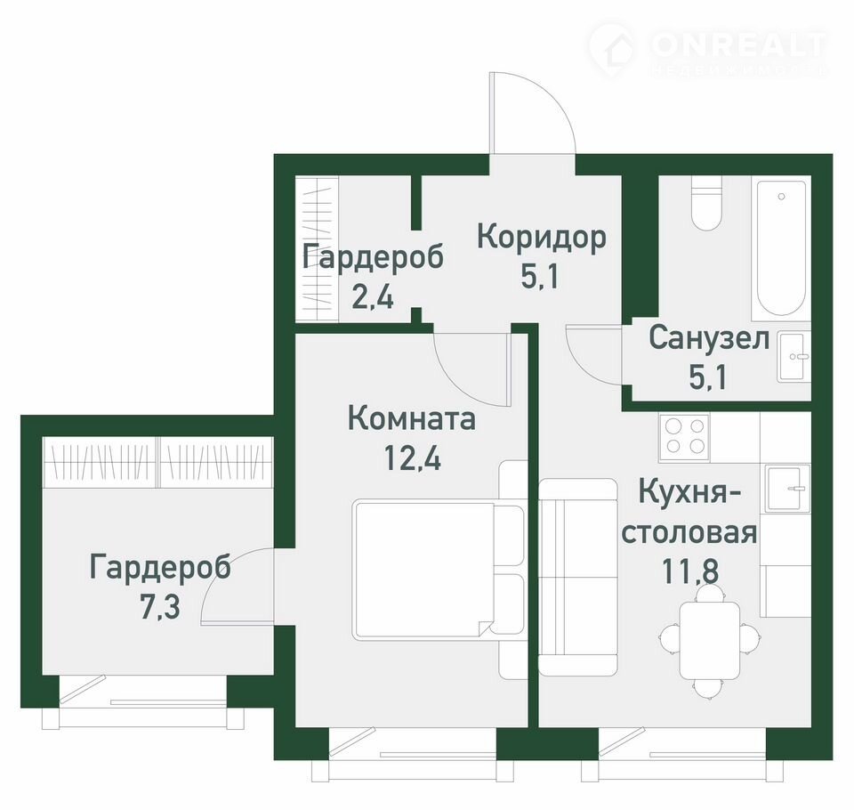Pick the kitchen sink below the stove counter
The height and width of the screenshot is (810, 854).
tap(787, 489)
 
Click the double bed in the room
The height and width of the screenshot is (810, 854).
tap(439, 570)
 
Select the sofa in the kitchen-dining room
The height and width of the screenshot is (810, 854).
tap(577, 578)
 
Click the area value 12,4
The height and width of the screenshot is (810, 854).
tap(412, 457)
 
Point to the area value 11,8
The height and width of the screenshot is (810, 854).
tap(690, 571)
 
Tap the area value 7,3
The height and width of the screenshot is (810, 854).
tap(159, 607)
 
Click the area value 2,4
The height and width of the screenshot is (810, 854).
tap(373, 296)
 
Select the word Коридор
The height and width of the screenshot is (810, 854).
tap(542, 238)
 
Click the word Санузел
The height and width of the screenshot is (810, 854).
tap(709, 338)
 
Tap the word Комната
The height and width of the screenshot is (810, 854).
tap(411, 419)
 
